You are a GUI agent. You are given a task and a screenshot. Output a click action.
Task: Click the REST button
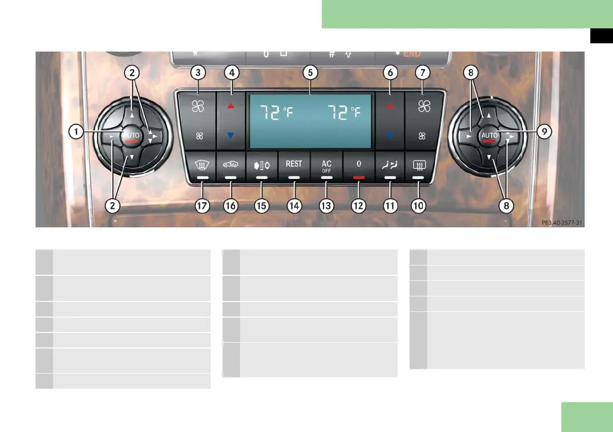294,164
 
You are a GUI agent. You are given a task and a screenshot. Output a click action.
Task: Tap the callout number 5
310,73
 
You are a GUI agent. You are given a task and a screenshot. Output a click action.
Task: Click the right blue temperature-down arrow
390,135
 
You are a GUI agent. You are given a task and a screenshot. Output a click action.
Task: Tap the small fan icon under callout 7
422,136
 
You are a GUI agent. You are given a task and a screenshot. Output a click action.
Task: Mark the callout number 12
358,206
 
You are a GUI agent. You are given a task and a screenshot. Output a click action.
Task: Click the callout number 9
543,132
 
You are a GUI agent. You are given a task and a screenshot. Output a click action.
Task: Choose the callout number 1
76,132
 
